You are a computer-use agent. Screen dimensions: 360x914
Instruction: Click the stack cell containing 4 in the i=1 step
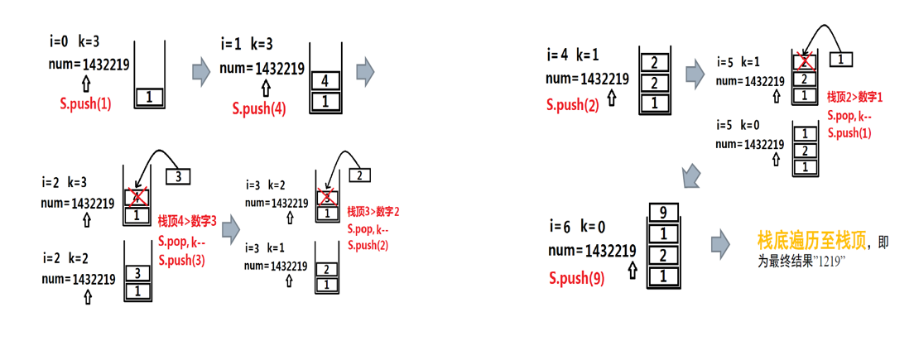(325, 81)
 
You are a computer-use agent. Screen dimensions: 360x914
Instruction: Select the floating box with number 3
(179, 176)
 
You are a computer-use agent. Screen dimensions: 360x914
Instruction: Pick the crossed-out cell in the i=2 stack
(137, 197)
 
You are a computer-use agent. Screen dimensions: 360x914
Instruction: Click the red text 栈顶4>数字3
(187, 222)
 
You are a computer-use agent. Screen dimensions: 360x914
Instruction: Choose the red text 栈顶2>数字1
(855, 98)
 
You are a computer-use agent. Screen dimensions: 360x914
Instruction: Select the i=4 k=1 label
(573, 55)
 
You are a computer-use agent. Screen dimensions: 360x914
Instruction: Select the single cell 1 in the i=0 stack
(150, 97)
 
